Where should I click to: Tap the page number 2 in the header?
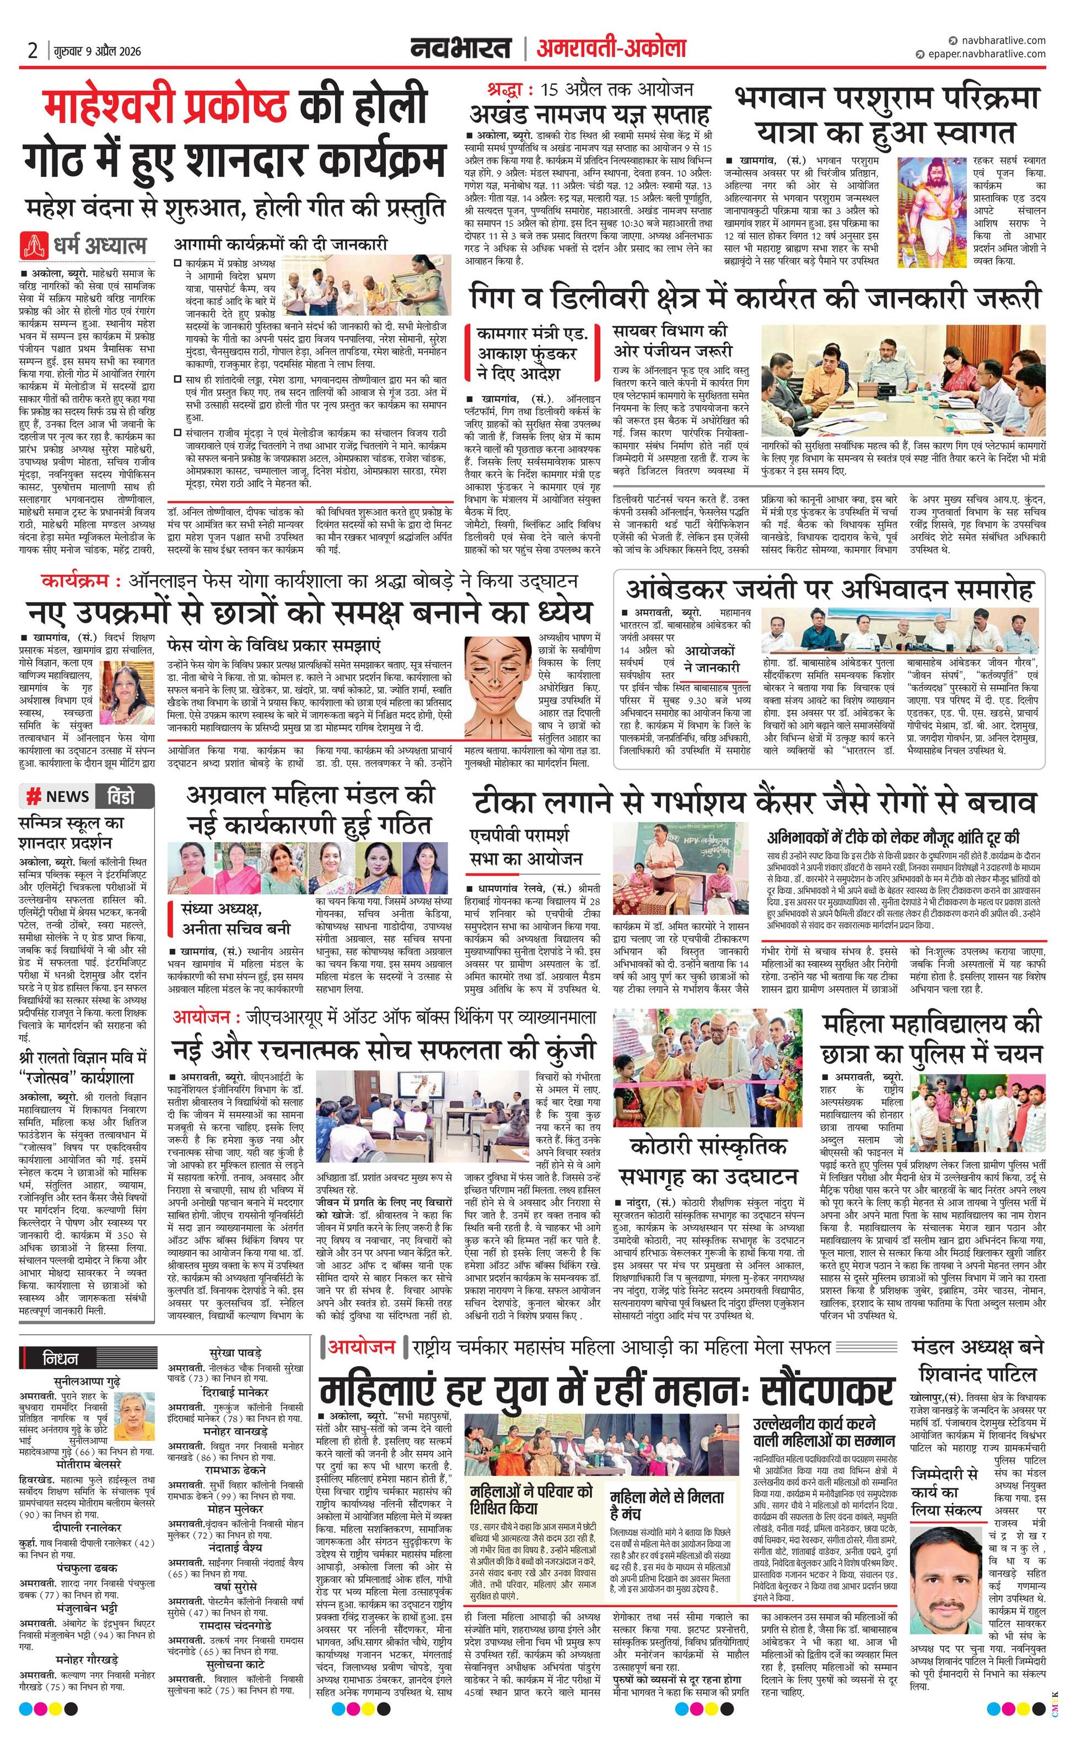coord(33,51)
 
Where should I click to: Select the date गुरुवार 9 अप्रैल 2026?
coord(96,51)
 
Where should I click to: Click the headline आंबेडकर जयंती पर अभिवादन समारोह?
coord(829,590)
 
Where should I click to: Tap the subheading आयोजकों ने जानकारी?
coord(712,659)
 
